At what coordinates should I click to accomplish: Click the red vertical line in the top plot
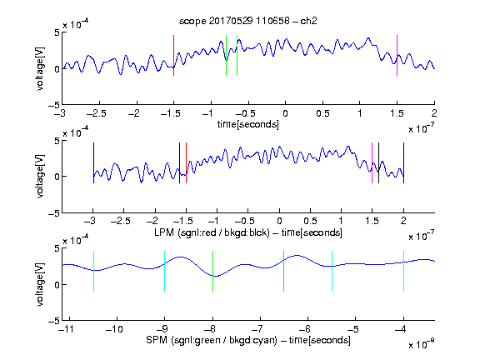[173, 55]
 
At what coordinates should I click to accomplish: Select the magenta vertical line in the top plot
[397, 55]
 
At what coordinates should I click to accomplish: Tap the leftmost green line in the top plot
[226, 55]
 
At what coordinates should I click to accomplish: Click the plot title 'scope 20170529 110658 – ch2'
[248, 21]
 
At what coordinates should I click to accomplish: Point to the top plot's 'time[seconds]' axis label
[248, 124]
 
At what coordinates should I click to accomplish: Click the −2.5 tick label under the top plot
[97, 113]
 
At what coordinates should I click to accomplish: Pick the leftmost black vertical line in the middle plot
[93, 162]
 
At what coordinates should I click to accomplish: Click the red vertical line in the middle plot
[186, 162]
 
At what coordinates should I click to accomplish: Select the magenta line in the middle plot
[372, 162]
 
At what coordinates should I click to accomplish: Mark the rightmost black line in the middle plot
[404, 162]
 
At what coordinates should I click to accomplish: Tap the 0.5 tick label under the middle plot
[310, 221]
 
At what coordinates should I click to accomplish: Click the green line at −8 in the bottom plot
[212, 271]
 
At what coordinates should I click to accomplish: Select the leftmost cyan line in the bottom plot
[93, 271]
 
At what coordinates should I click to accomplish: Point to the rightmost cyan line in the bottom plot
[404, 271]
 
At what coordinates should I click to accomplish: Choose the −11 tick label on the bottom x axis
[67, 329]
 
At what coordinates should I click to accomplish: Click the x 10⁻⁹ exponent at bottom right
[421, 344]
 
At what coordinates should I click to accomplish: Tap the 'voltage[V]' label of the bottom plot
[40, 284]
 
